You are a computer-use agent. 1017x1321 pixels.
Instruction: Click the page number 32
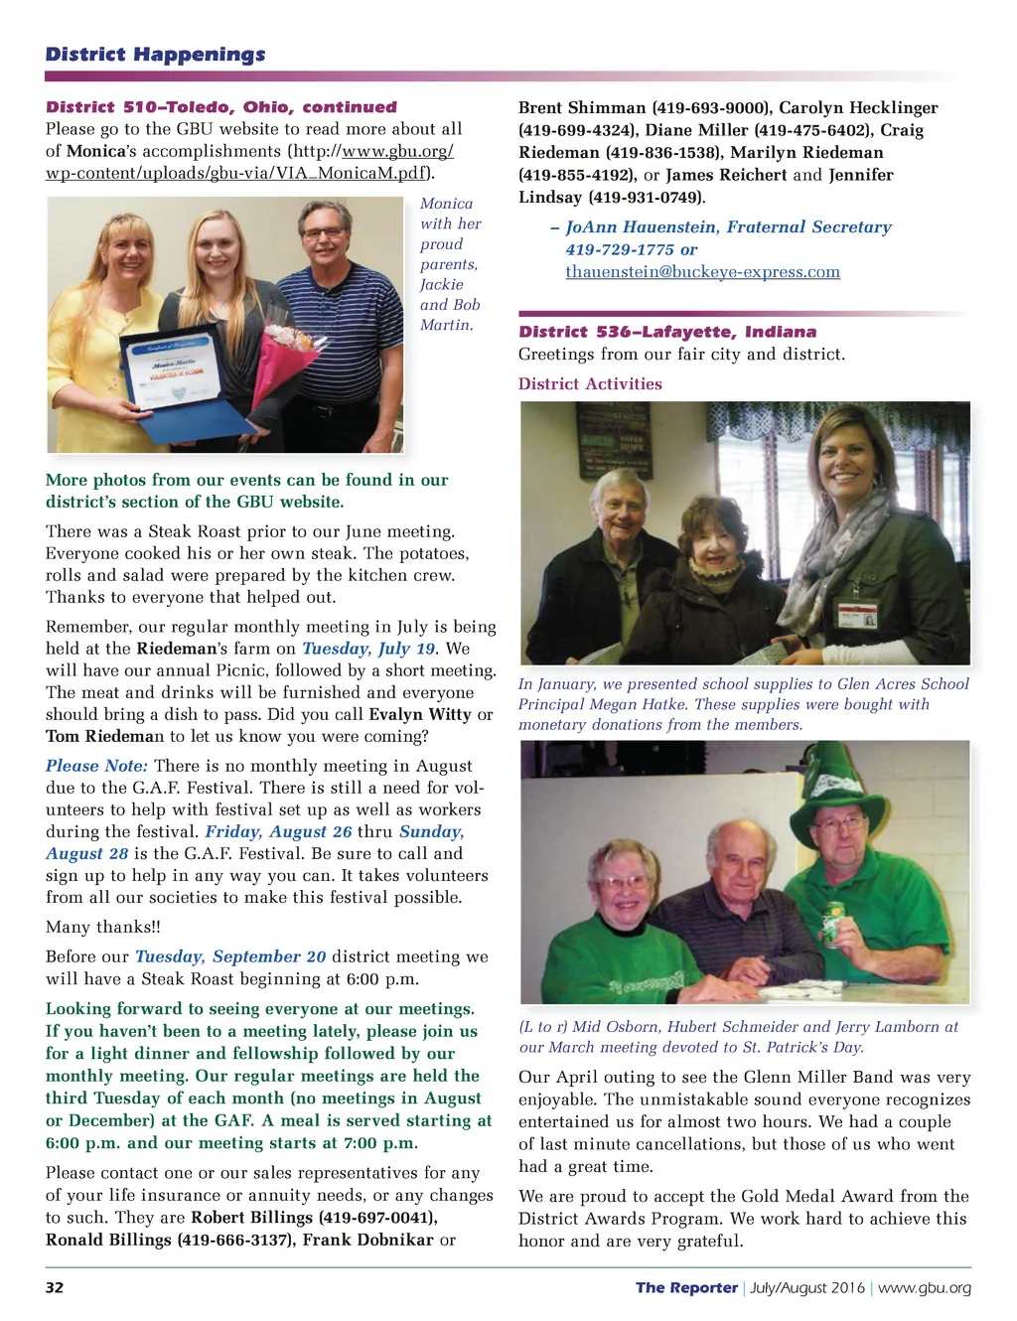[55, 1287]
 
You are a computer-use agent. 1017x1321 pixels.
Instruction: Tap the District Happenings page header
[155, 55]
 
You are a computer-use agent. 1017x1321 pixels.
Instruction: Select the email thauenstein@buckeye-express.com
[702, 272]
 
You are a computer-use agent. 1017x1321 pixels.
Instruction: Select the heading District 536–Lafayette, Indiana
[667, 332]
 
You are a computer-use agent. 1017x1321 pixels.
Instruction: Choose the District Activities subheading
[590, 384]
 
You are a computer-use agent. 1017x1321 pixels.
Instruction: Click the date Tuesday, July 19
[368, 649]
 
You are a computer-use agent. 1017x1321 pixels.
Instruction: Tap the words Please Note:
[96, 766]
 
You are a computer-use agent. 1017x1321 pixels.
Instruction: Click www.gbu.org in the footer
[924, 1287]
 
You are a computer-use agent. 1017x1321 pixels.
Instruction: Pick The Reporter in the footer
[686, 1287]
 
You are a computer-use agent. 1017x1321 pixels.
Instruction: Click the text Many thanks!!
[103, 927]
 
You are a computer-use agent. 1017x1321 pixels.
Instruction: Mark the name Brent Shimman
[582, 108]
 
